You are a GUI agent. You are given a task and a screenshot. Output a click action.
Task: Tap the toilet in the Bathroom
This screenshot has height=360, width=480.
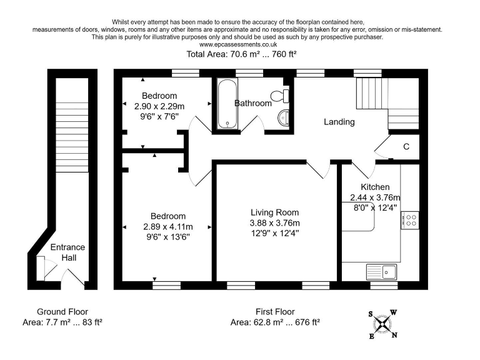[284, 96]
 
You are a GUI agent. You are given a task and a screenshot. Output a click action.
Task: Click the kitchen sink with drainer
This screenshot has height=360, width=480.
[382, 271]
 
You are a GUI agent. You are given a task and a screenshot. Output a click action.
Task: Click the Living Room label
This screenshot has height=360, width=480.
[275, 212]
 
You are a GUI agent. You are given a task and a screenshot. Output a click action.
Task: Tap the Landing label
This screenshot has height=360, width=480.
[339, 122]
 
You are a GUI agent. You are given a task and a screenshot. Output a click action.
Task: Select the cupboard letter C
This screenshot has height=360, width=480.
[406, 147]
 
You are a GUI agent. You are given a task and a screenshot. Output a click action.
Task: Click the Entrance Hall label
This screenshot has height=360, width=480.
[67, 252]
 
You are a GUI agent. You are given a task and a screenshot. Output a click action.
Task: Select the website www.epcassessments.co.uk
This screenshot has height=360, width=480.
[237, 45]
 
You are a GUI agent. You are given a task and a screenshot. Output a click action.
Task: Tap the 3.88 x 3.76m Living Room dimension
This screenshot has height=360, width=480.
[275, 223]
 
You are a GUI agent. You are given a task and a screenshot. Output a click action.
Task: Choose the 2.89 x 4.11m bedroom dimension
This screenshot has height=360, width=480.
[168, 226]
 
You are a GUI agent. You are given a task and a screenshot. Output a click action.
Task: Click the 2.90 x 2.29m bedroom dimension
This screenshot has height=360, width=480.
[159, 106]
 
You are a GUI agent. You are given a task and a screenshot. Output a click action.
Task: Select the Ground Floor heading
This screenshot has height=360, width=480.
[62, 311]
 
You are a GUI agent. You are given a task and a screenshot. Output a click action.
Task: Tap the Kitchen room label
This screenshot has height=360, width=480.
[375, 187]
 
